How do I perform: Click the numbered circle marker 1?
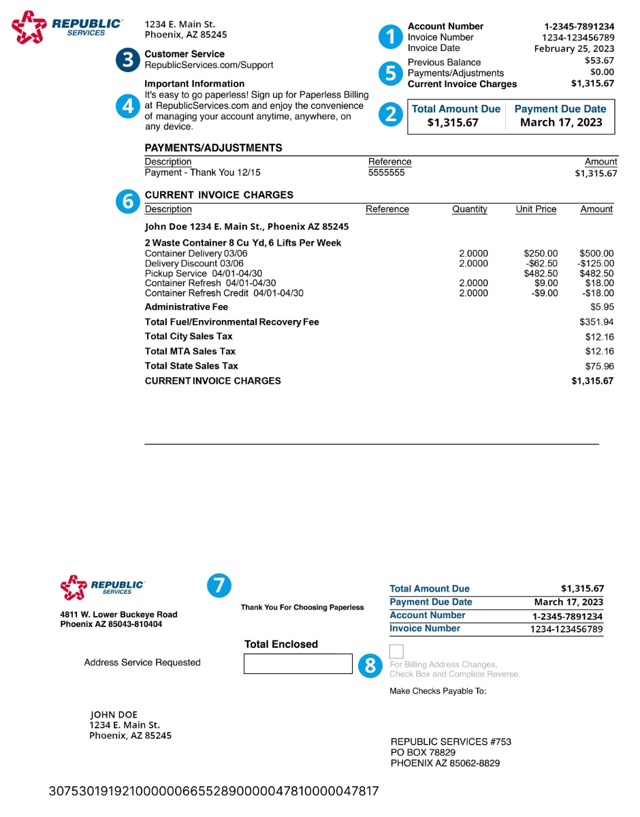[x=391, y=37]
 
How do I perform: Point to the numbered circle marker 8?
[x=370, y=665]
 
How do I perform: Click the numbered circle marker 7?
[x=219, y=586]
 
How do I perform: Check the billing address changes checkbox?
[x=397, y=651]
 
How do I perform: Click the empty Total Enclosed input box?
[x=298, y=664]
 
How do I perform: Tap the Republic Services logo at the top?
[x=67, y=27]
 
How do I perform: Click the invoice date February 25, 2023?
[x=574, y=48]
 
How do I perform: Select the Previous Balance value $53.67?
[x=599, y=61]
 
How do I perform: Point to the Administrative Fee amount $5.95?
[x=602, y=307]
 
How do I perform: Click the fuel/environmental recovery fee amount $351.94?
[x=596, y=322]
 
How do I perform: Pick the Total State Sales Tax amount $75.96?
[x=599, y=366]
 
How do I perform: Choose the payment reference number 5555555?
[x=386, y=173]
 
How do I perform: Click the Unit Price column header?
[x=536, y=210]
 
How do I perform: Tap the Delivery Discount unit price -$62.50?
[x=542, y=263]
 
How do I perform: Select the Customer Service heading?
[x=185, y=54]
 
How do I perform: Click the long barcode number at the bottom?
[x=214, y=791]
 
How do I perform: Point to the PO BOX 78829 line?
[x=423, y=752]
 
